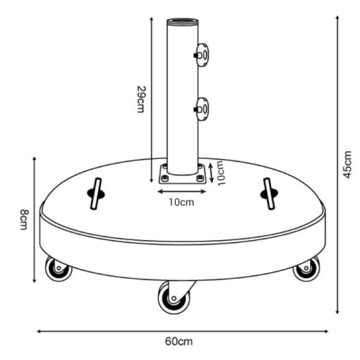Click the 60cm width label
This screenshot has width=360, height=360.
(x=179, y=342)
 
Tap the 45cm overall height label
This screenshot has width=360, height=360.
(x=347, y=164)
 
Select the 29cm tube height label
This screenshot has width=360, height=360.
(x=141, y=100)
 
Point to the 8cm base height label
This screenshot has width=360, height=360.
(x=23, y=220)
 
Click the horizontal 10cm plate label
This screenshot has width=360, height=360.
(x=181, y=203)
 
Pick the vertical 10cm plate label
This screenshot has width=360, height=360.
(x=221, y=174)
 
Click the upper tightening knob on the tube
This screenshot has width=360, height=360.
(x=201, y=55)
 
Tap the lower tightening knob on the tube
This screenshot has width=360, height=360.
(x=201, y=109)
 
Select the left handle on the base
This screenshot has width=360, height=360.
(x=96, y=193)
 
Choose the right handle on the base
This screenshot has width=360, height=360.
(x=269, y=193)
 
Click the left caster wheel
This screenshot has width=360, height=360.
(x=58, y=268)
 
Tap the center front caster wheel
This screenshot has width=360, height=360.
(x=174, y=298)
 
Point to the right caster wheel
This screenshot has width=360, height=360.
(x=306, y=268)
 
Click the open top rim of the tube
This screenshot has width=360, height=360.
(x=183, y=22)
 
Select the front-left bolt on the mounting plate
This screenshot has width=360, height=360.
(x=164, y=179)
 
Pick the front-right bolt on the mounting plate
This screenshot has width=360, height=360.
(x=200, y=179)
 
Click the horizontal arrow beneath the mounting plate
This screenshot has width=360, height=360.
(x=181, y=191)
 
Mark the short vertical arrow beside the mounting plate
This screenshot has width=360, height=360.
(x=211, y=173)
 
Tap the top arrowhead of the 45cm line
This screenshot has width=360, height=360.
(x=337, y=18)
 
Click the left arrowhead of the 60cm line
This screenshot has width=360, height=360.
(x=39, y=331)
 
